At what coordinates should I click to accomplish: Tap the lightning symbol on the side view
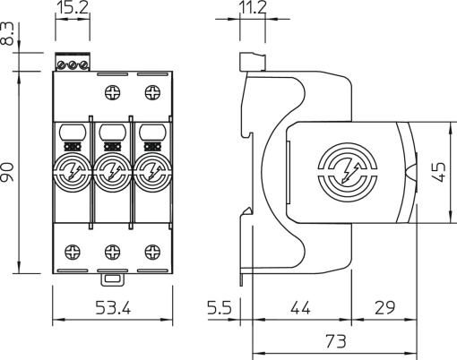[x=346, y=167]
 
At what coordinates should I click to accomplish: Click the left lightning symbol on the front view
[x=72, y=167]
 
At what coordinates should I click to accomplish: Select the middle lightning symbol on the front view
[x=111, y=167]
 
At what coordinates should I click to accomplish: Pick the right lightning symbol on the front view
[x=150, y=167]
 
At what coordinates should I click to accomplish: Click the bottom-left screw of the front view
[x=72, y=250]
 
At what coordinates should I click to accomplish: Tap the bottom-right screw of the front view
[x=151, y=250]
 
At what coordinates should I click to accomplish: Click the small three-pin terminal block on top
[x=73, y=64]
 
